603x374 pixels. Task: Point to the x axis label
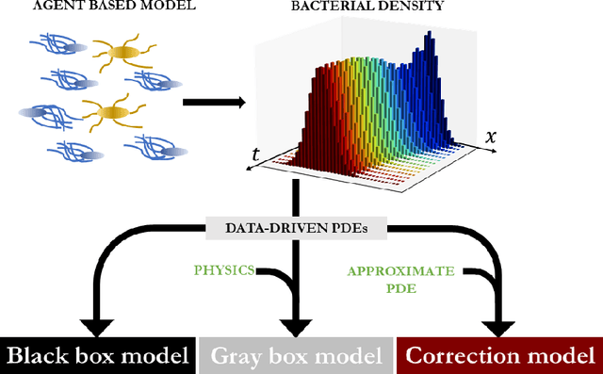coord(490,136)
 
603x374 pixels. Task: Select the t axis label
coord(256,154)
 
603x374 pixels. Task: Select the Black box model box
coord(98,356)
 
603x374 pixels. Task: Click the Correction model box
coord(499,356)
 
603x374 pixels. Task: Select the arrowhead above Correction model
coord(497,325)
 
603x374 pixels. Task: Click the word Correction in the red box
coord(459,356)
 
